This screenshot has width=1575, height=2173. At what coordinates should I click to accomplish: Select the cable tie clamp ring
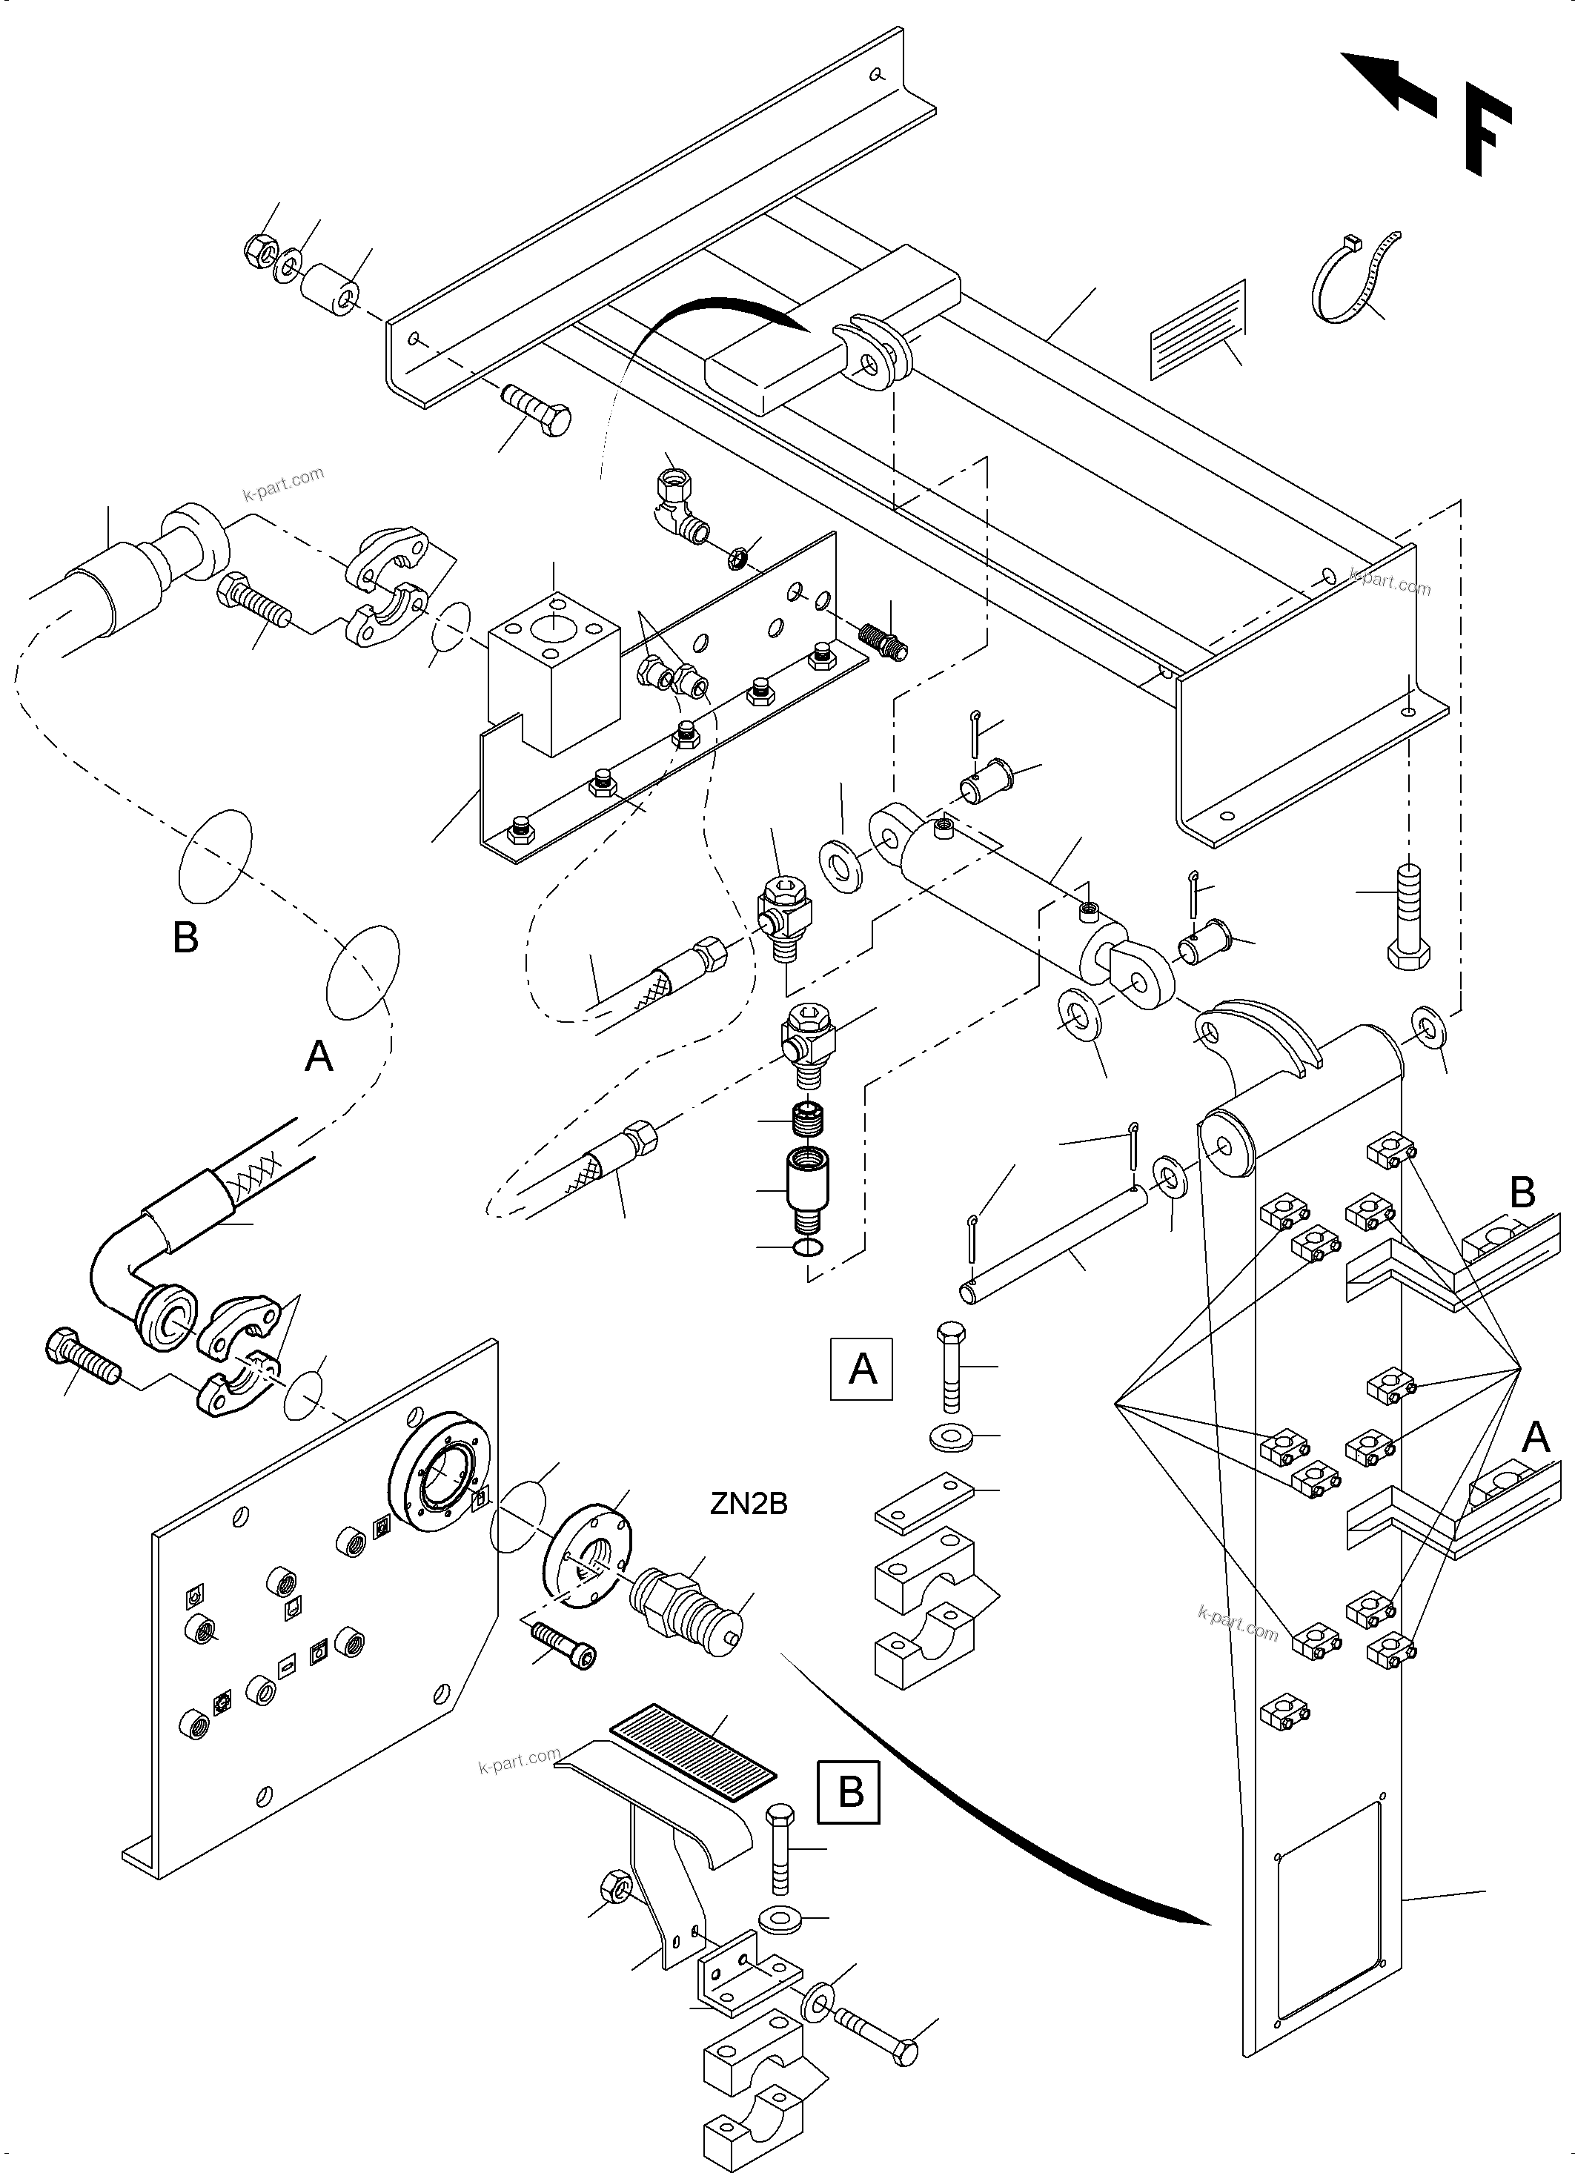point(1353,276)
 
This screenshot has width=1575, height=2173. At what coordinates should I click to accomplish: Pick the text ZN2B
point(749,1504)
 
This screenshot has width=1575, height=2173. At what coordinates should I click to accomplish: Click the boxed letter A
point(861,1369)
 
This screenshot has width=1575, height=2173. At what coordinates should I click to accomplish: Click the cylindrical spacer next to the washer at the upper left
point(331,288)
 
